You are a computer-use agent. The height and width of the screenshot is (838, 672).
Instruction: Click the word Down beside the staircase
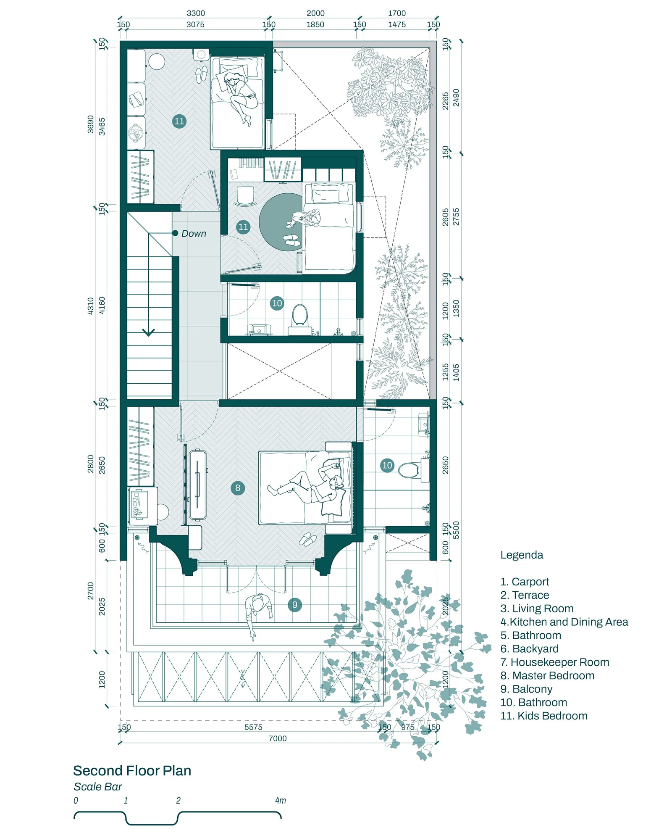194,234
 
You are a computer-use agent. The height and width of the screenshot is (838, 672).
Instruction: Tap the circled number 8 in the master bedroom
238,488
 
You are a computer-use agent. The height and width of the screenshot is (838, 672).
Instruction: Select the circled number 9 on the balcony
295,605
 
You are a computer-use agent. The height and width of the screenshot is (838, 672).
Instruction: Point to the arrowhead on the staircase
148,332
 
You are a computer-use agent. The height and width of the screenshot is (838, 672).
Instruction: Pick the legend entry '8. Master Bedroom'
547,675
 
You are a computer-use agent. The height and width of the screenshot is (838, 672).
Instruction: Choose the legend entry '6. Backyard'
529,648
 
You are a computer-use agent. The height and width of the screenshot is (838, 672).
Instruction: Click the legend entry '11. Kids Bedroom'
543,716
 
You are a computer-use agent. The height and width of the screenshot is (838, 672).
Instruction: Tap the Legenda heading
522,555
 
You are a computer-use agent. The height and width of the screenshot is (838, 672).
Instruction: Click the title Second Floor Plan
132,771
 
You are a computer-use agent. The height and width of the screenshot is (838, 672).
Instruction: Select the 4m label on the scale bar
281,801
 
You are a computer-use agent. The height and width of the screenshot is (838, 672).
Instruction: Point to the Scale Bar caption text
97,787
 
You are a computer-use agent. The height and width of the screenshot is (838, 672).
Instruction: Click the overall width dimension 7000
278,738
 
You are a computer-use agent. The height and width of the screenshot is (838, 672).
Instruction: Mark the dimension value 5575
253,727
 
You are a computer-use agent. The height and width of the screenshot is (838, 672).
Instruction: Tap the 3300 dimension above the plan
196,13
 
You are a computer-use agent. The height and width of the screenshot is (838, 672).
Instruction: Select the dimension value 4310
91,306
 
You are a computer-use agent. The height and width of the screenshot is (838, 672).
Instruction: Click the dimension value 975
407,727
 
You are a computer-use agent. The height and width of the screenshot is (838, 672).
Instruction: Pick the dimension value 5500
456,530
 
